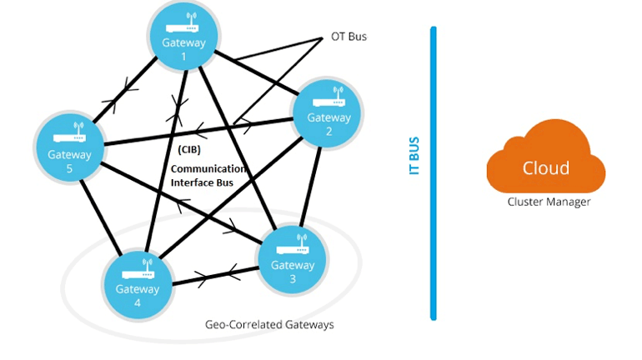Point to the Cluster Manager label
549,202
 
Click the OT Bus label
349,37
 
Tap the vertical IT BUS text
414,155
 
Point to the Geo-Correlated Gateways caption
269,324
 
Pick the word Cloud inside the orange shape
545,167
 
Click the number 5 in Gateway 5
69,167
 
